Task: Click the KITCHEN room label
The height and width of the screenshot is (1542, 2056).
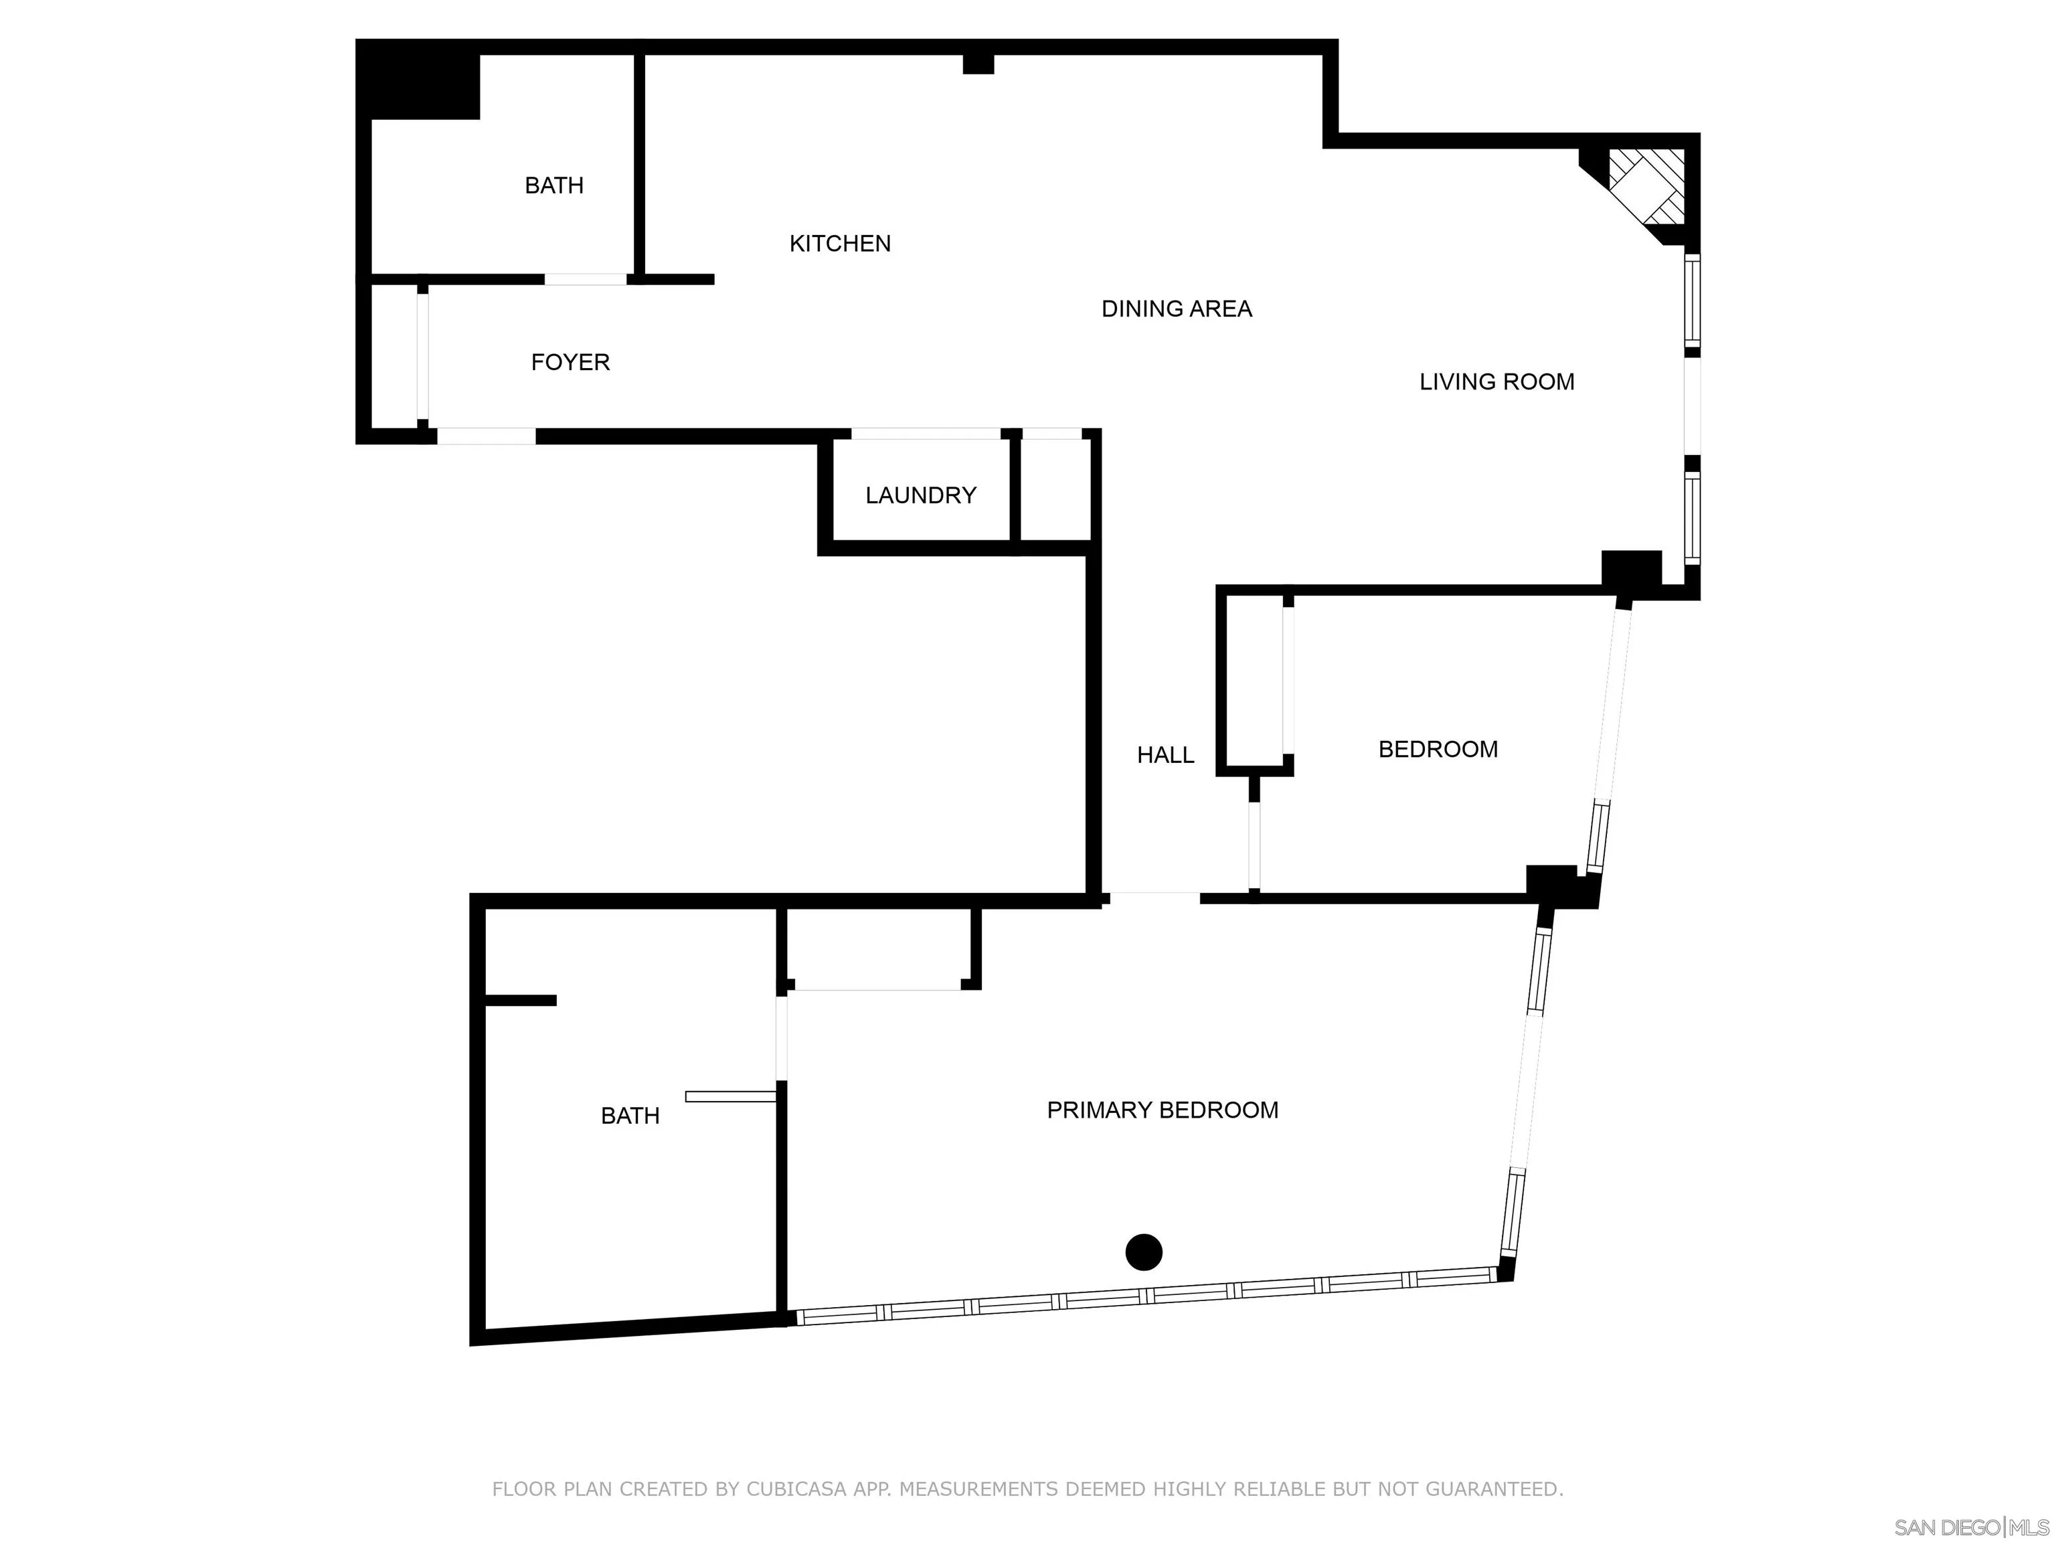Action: click(x=839, y=244)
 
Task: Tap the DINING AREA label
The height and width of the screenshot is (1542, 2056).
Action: click(x=1176, y=309)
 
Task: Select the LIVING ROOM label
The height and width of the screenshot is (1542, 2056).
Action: click(x=1496, y=381)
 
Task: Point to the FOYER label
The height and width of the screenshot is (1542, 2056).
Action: click(x=570, y=361)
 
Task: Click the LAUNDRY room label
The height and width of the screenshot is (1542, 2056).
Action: click(x=920, y=495)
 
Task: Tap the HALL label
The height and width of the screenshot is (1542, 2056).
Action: click(x=1165, y=755)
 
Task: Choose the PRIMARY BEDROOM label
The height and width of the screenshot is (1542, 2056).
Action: click(x=1162, y=1109)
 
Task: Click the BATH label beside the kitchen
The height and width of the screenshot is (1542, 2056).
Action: click(x=554, y=185)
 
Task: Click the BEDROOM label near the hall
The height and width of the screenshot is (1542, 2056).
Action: click(x=1437, y=748)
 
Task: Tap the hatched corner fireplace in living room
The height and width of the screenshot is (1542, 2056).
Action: click(x=1646, y=186)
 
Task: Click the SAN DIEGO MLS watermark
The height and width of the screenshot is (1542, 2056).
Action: click(x=1970, y=1527)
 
